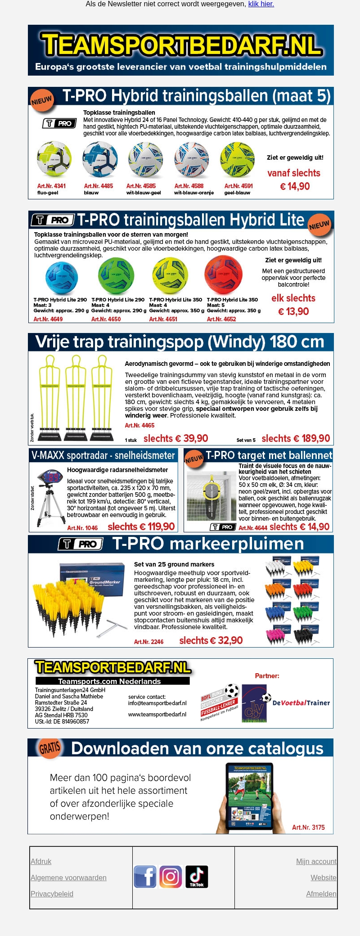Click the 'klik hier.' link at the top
(x=261, y=4)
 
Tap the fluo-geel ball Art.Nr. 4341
(x=54, y=159)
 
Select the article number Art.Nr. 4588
(x=189, y=186)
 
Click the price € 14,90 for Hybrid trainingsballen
(x=295, y=186)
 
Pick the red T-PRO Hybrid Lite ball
(x=223, y=274)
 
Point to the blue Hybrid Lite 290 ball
(x=62, y=278)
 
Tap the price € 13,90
(x=293, y=311)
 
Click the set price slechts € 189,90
(x=296, y=438)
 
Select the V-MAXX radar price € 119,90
(x=141, y=526)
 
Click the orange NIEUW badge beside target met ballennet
(x=194, y=459)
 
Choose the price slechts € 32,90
(x=211, y=640)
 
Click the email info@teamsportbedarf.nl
(x=157, y=703)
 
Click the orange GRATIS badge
(x=49, y=747)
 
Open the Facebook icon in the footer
(x=145, y=877)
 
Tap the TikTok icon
(x=197, y=877)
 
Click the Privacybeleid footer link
(x=52, y=894)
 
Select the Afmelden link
(x=321, y=894)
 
